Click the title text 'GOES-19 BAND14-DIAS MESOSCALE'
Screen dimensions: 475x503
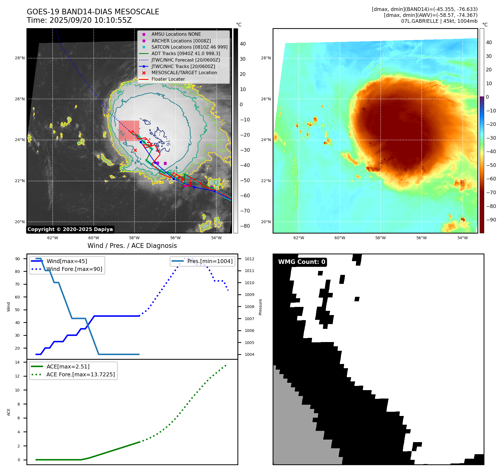[x=93, y=12]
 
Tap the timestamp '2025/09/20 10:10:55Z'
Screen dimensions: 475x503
[x=91, y=20]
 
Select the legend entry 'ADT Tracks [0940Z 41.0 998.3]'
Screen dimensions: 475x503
[x=186, y=53]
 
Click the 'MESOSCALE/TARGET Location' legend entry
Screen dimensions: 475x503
[x=184, y=73]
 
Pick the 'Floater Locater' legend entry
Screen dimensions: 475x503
[x=168, y=79]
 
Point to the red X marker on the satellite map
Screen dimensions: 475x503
[x=135, y=150]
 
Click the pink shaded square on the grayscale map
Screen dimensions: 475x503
[x=129, y=130]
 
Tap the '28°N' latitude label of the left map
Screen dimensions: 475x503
[x=20, y=58]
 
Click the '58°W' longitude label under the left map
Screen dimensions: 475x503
[x=134, y=238]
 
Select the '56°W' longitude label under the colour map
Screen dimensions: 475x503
[x=421, y=238]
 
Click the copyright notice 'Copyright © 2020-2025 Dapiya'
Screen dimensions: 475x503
[x=70, y=229]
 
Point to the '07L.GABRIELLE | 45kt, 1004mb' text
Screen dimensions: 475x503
[x=439, y=21]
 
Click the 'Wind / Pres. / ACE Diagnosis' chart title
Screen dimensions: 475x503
[x=132, y=246]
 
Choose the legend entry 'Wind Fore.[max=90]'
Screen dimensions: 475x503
[x=74, y=269]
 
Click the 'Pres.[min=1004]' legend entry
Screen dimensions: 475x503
[x=210, y=261]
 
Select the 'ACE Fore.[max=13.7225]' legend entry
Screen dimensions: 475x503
[x=80, y=374]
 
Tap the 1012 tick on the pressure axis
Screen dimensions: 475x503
[x=249, y=259]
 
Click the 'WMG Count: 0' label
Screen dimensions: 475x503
[x=302, y=262]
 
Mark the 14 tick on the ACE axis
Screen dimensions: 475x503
[x=17, y=362]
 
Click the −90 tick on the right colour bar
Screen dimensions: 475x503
[x=491, y=220]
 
